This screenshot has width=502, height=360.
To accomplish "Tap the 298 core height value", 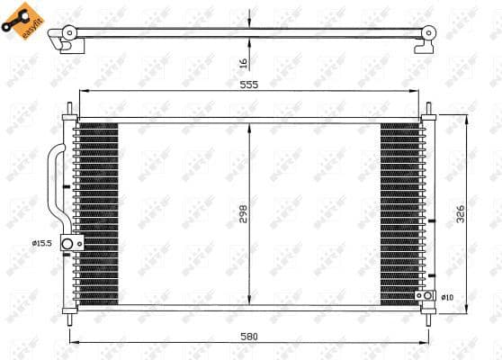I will (x=244, y=213).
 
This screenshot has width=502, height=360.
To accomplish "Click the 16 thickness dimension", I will (x=244, y=64).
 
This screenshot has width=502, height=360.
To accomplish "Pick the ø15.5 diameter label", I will (x=41, y=242).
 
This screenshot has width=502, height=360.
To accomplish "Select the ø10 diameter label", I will (x=446, y=296).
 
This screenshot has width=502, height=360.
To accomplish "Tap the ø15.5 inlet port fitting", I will (x=68, y=243).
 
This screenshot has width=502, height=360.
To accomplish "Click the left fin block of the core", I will (x=97, y=214).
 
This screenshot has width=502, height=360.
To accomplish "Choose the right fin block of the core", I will (x=399, y=214).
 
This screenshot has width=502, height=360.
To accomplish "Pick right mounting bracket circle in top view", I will (x=429, y=34).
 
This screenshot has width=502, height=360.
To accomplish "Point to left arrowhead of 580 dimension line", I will (x=73, y=342).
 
